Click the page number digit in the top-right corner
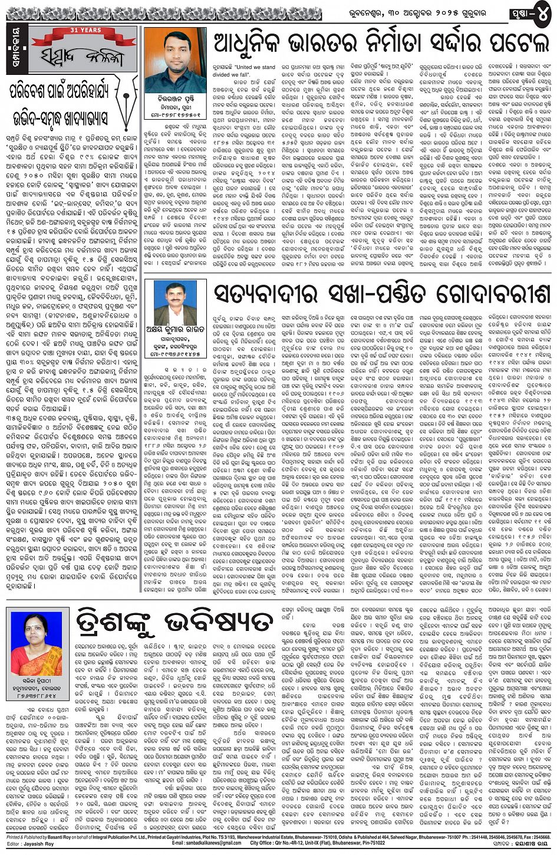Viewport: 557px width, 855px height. click(542, 13)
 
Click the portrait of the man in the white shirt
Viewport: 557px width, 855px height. click(174, 302)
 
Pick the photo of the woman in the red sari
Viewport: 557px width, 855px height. click(37, 644)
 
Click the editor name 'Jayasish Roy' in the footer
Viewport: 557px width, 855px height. click(41, 844)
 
